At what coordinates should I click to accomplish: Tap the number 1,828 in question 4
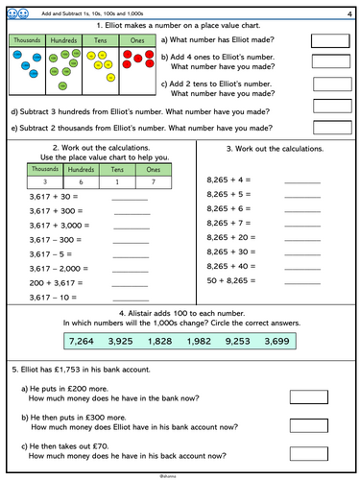point(166,342)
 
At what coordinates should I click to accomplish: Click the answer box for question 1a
point(330,40)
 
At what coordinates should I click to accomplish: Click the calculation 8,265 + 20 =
point(231,237)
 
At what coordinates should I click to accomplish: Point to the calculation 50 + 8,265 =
point(231,280)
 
